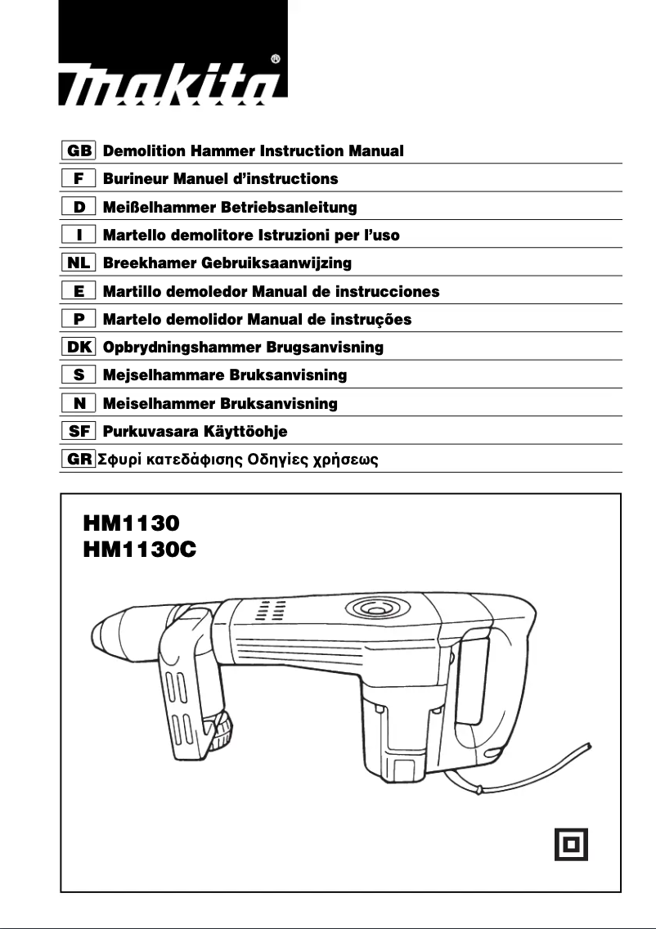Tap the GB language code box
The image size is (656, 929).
tap(79, 151)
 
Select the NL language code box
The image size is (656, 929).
tap(79, 263)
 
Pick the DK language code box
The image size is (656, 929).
tap(79, 348)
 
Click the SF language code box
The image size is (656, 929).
tap(79, 431)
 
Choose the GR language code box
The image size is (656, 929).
tap(79, 460)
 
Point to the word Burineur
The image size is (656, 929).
tap(135, 179)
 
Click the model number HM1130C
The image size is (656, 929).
tap(140, 550)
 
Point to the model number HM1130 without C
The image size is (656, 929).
tap(131, 522)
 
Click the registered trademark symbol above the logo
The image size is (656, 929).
tap(276, 59)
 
